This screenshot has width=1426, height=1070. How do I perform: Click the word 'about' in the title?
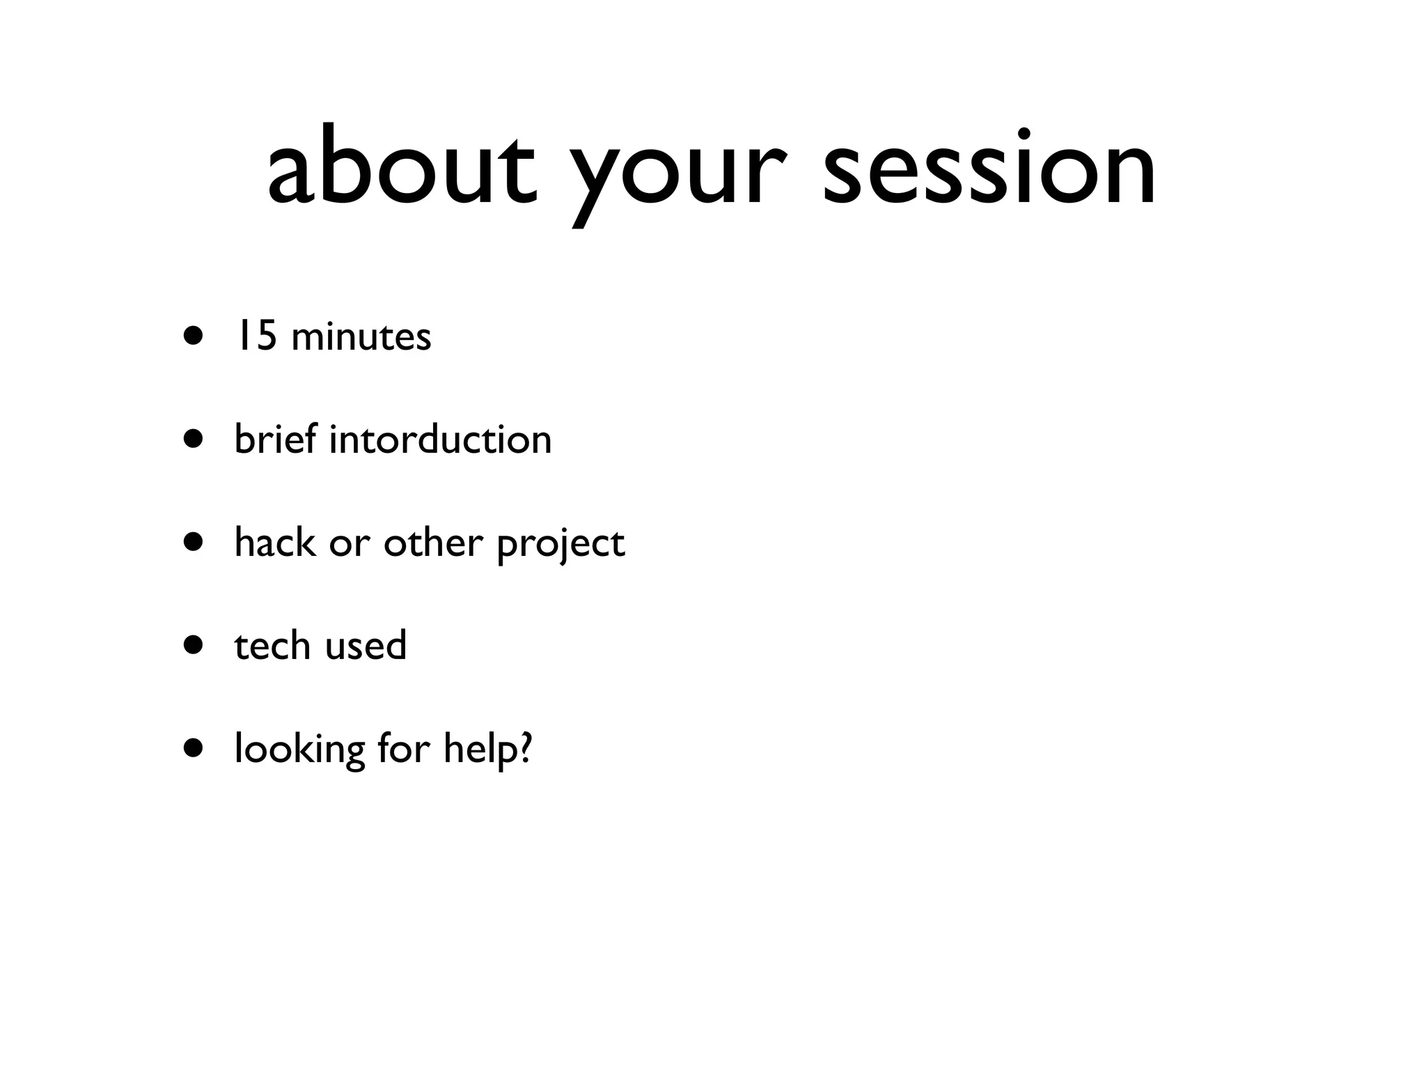[402, 167]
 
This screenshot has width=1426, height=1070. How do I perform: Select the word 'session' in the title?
[989, 167]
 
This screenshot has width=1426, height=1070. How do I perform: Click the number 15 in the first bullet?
[255, 336]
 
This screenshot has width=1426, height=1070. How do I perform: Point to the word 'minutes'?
[361, 337]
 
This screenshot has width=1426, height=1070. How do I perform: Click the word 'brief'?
[276, 439]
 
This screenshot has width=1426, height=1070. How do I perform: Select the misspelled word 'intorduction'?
[440, 440]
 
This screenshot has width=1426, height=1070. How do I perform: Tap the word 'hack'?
[274, 542]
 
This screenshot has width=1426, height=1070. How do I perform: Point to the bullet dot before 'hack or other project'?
[194, 543]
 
